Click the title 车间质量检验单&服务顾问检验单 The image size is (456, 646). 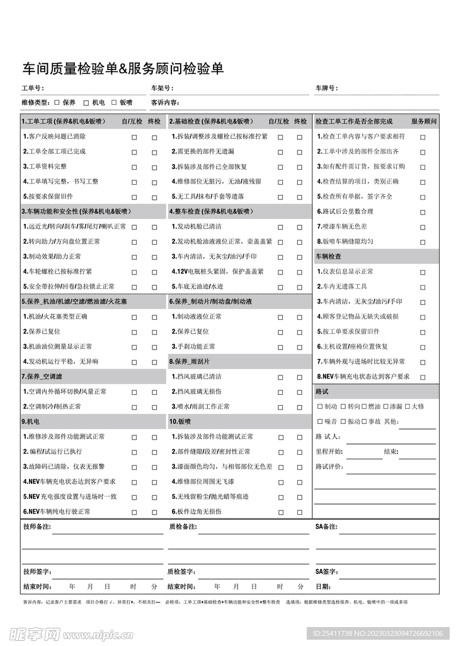click(123, 69)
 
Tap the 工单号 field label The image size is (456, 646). click(32, 88)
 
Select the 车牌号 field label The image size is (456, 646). click(326, 88)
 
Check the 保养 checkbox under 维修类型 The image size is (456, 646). click(57, 102)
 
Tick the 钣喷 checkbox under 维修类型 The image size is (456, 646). click(114, 102)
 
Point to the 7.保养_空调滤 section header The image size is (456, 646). click(42, 377)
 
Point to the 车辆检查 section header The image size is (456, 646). click(328, 257)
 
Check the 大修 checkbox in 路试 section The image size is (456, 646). click(408, 406)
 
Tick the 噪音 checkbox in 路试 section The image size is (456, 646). click(320, 421)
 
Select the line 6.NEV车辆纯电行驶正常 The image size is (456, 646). click(57, 512)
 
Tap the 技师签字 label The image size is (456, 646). click(37, 572)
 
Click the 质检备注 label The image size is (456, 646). click(183, 526)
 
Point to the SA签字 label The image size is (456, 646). click(326, 572)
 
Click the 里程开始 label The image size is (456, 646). click(329, 452)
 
